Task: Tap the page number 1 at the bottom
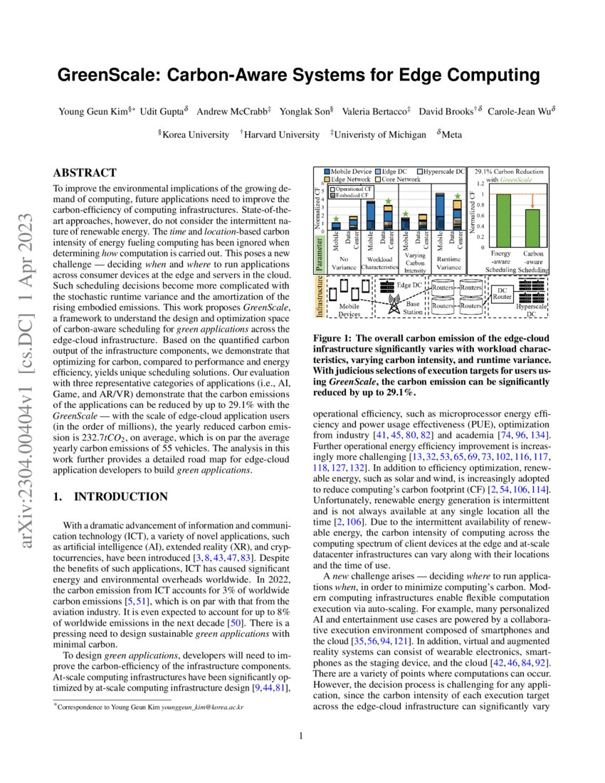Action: click(x=302, y=736)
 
